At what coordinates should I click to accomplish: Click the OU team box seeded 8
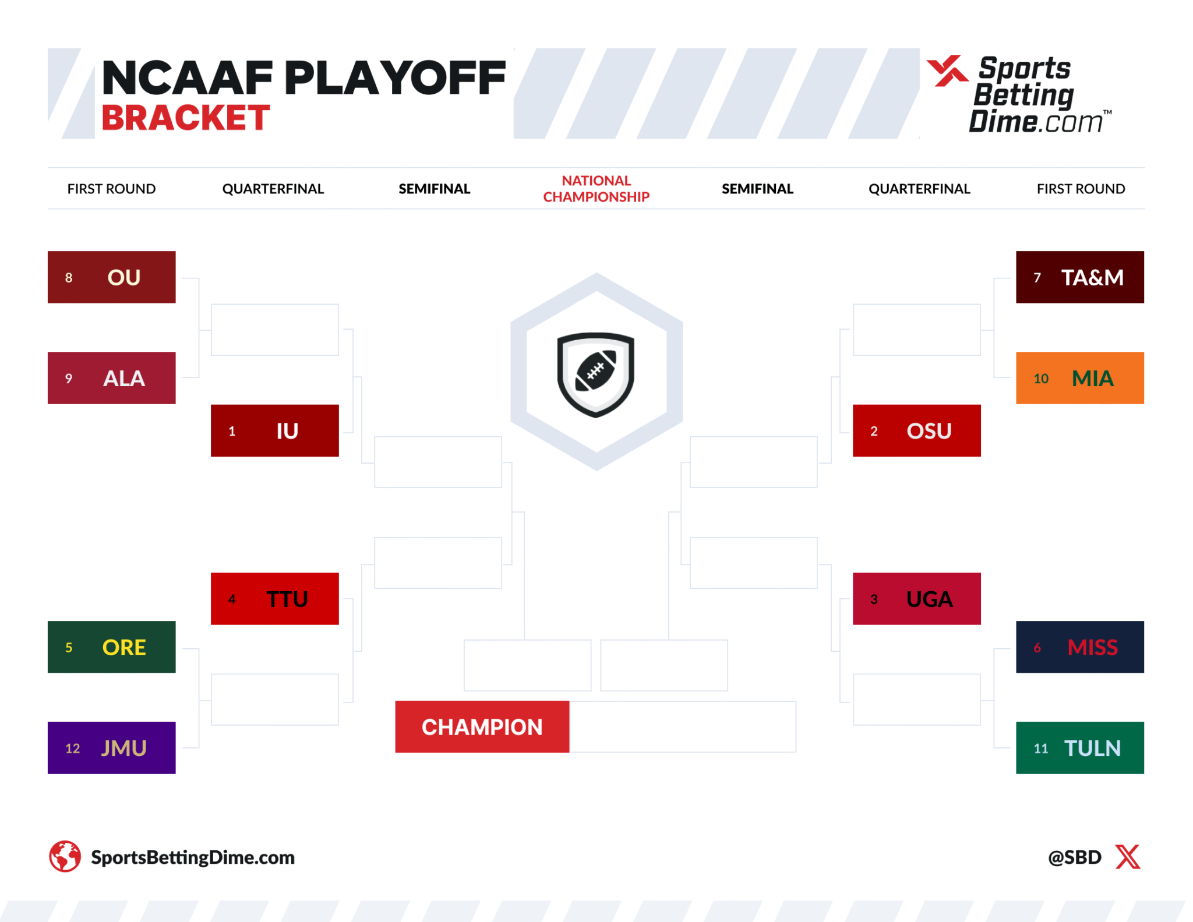[x=111, y=277]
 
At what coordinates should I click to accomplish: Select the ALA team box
[x=111, y=378]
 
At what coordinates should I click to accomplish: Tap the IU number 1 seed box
[x=274, y=430]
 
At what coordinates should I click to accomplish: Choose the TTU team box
[x=274, y=599]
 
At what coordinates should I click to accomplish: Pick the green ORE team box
[x=111, y=647]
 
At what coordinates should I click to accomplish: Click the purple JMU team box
[x=111, y=748]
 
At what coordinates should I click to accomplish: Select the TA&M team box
[x=1079, y=277]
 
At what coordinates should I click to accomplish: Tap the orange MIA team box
[x=1079, y=378]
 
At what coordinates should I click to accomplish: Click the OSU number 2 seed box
[x=916, y=430]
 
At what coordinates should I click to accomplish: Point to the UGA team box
[x=916, y=599]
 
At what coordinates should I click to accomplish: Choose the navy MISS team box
[x=1079, y=647]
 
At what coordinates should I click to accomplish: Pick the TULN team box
[x=1079, y=748]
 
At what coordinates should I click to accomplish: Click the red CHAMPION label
[x=482, y=727]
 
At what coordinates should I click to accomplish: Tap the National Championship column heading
[x=596, y=189]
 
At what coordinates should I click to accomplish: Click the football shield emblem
[x=596, y=375]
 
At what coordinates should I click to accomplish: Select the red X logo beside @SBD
[x=1128, y=857]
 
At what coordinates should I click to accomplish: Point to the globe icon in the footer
[x=65, y=856]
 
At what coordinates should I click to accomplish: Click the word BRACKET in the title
[x=185, y=118]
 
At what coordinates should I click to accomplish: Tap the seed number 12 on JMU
[x=72, y=748]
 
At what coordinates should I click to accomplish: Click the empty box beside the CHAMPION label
[x=682, y=727]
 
